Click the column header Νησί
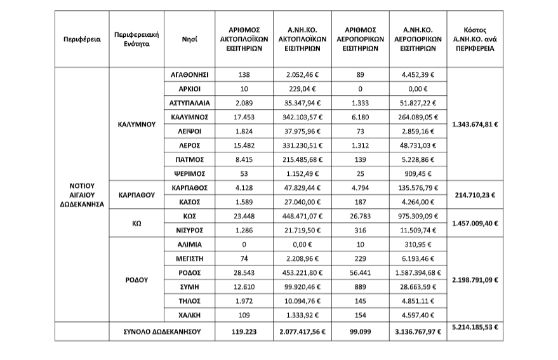point(190,39)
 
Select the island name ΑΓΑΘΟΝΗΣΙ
point(190,75)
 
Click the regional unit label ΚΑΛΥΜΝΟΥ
point(136,124)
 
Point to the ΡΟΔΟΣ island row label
point(190,272)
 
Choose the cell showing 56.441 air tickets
point(361,272)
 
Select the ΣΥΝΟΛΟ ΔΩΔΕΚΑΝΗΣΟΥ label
point(162,331)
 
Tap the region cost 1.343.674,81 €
point(475,124)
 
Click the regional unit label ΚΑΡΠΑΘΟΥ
point(136,195)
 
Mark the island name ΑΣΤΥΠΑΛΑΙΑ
point(190,103)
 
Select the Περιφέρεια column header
point(81,39)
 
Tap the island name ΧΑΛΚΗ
point(190,314)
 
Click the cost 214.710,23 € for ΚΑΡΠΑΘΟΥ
point(475,195)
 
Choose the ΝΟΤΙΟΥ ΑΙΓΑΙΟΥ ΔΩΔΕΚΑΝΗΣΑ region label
point(81,195)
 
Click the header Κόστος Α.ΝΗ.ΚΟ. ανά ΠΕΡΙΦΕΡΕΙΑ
point(475,39)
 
